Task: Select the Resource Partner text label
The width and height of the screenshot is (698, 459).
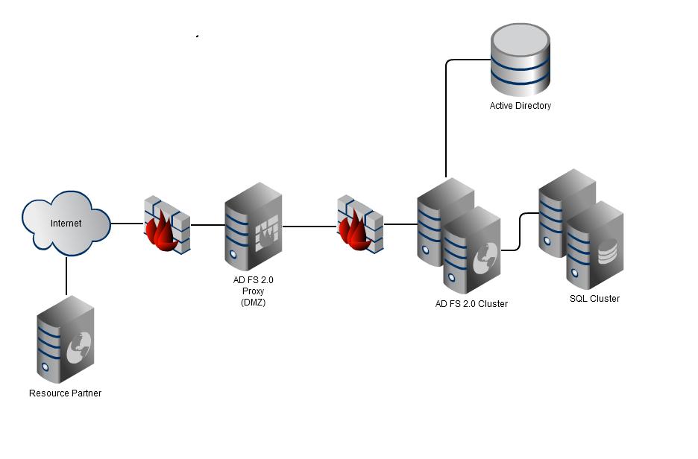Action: point(65,393)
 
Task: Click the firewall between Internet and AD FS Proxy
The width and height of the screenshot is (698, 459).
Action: point(166,224)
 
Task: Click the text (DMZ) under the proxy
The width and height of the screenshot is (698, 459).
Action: point(253,302)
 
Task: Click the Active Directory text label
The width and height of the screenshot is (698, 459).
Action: point(520,106)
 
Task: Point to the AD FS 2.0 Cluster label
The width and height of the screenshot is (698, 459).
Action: point(471,304)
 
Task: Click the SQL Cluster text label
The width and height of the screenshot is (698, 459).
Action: point(594,299)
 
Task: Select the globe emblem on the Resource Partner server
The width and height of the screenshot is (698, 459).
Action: point(78,349)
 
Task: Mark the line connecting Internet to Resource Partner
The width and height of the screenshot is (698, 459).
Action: point(66,276)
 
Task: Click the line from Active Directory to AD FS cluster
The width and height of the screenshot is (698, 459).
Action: point(446,119)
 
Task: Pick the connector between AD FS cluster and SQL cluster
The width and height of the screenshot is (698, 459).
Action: point(520,231)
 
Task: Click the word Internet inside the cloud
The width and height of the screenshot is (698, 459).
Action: point(66,223)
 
